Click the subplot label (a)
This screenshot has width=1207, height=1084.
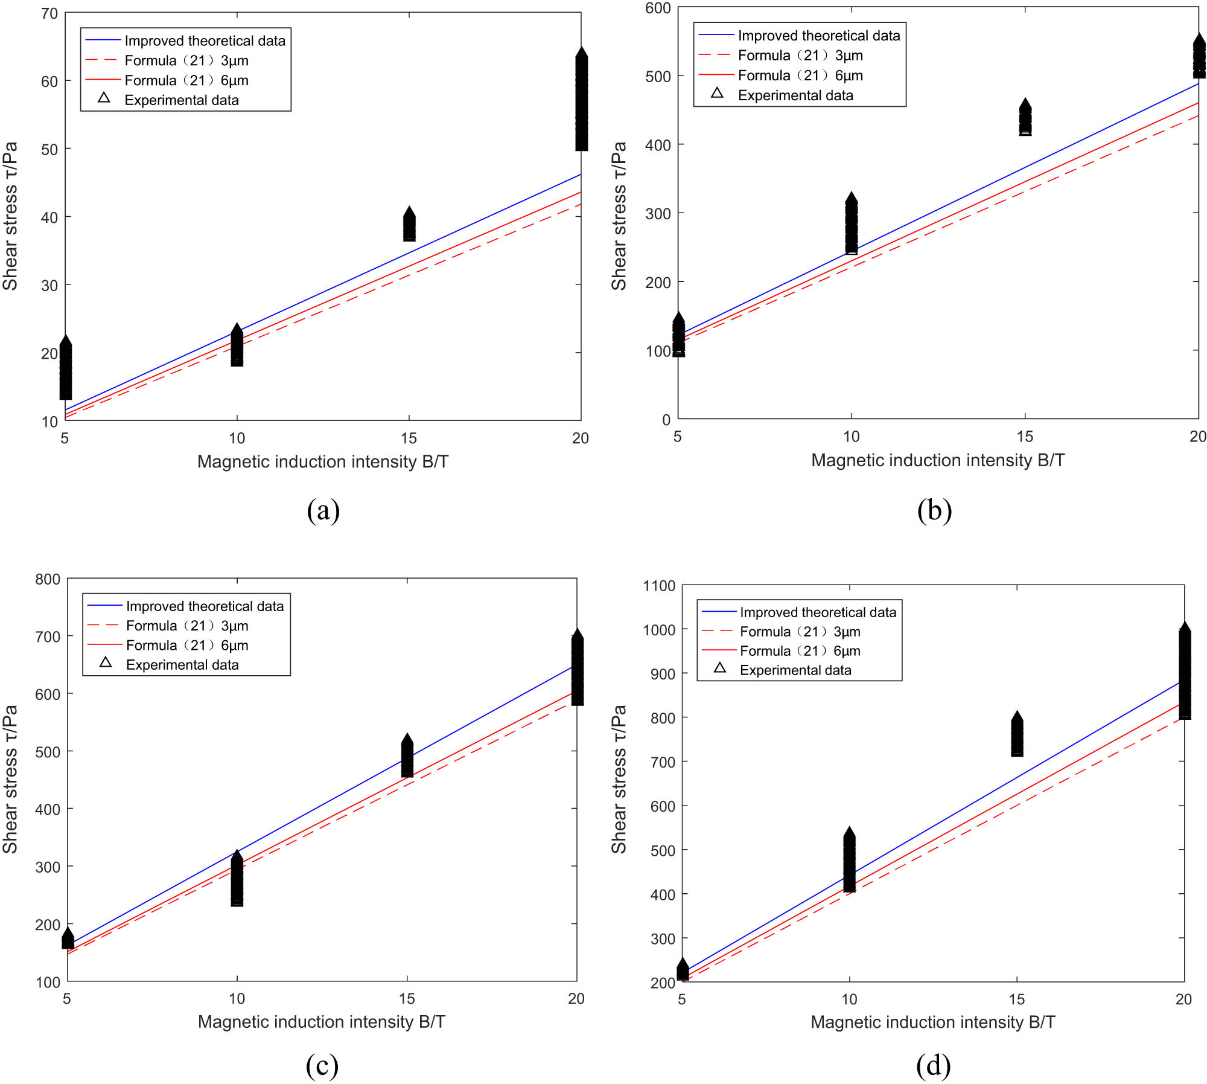pos(323,511)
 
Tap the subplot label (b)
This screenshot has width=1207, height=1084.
pos(934,511)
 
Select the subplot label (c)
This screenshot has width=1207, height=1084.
pos(322,1066)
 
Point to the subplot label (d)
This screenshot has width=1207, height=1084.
pos(933,1066)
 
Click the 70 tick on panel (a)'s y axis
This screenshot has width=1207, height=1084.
pos(49,13)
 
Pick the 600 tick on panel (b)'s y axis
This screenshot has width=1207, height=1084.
pos(658,8)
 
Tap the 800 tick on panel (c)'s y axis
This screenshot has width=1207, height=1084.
pos(48,580)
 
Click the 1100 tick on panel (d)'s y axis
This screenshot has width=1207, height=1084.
pos(659,586)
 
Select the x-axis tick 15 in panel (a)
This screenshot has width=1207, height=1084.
pos(409,438)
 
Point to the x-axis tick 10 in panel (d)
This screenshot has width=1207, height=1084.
pos(849,999)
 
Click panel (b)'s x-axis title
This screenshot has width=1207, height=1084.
pos(937,461)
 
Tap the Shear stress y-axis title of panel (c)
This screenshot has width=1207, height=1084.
pos(10,779)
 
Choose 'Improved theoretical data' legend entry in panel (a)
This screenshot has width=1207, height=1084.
pos(205,41)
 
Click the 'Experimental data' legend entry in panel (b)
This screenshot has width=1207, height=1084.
pos(795,95)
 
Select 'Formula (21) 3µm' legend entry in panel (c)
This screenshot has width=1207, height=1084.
pos(187,626)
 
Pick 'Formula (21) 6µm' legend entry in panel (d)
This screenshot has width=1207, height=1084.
pos(800,651)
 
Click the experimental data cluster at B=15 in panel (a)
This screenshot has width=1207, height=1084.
pos(409,225)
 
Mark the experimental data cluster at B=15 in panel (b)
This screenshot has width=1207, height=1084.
pos(1025,118)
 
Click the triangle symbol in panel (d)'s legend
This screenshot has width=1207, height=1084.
pos(719,668)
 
